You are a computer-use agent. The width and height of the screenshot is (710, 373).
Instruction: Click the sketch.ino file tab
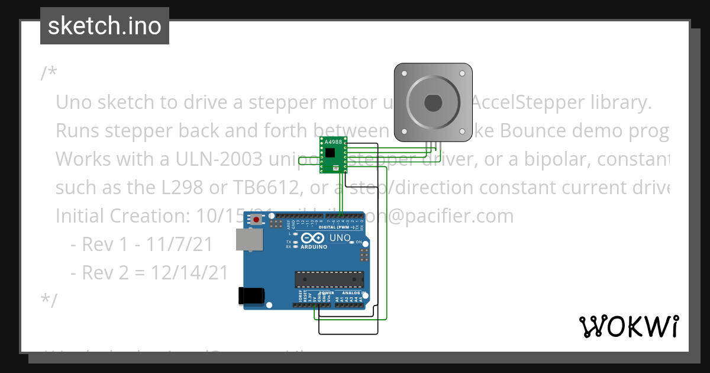point(105,26)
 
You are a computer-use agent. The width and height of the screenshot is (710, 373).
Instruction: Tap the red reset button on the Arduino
point(256,220)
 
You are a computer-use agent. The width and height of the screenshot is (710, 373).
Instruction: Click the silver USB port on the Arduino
point(249,240)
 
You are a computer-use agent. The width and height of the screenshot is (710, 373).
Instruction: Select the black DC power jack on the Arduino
point(250,297)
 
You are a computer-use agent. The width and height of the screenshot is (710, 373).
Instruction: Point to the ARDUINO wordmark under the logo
point(314,246)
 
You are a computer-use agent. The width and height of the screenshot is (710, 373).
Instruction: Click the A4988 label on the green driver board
point(334,142)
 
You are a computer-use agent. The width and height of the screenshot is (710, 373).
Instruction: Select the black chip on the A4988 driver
point(330,152)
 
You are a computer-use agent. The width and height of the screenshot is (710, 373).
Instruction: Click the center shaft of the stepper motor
point(433,103)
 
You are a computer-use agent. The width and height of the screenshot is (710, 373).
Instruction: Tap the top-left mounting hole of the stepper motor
point(404,74)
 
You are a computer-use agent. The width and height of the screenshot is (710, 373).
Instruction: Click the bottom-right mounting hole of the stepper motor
point(462,132)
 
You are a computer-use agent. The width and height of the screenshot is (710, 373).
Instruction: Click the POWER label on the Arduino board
point(327,293)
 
